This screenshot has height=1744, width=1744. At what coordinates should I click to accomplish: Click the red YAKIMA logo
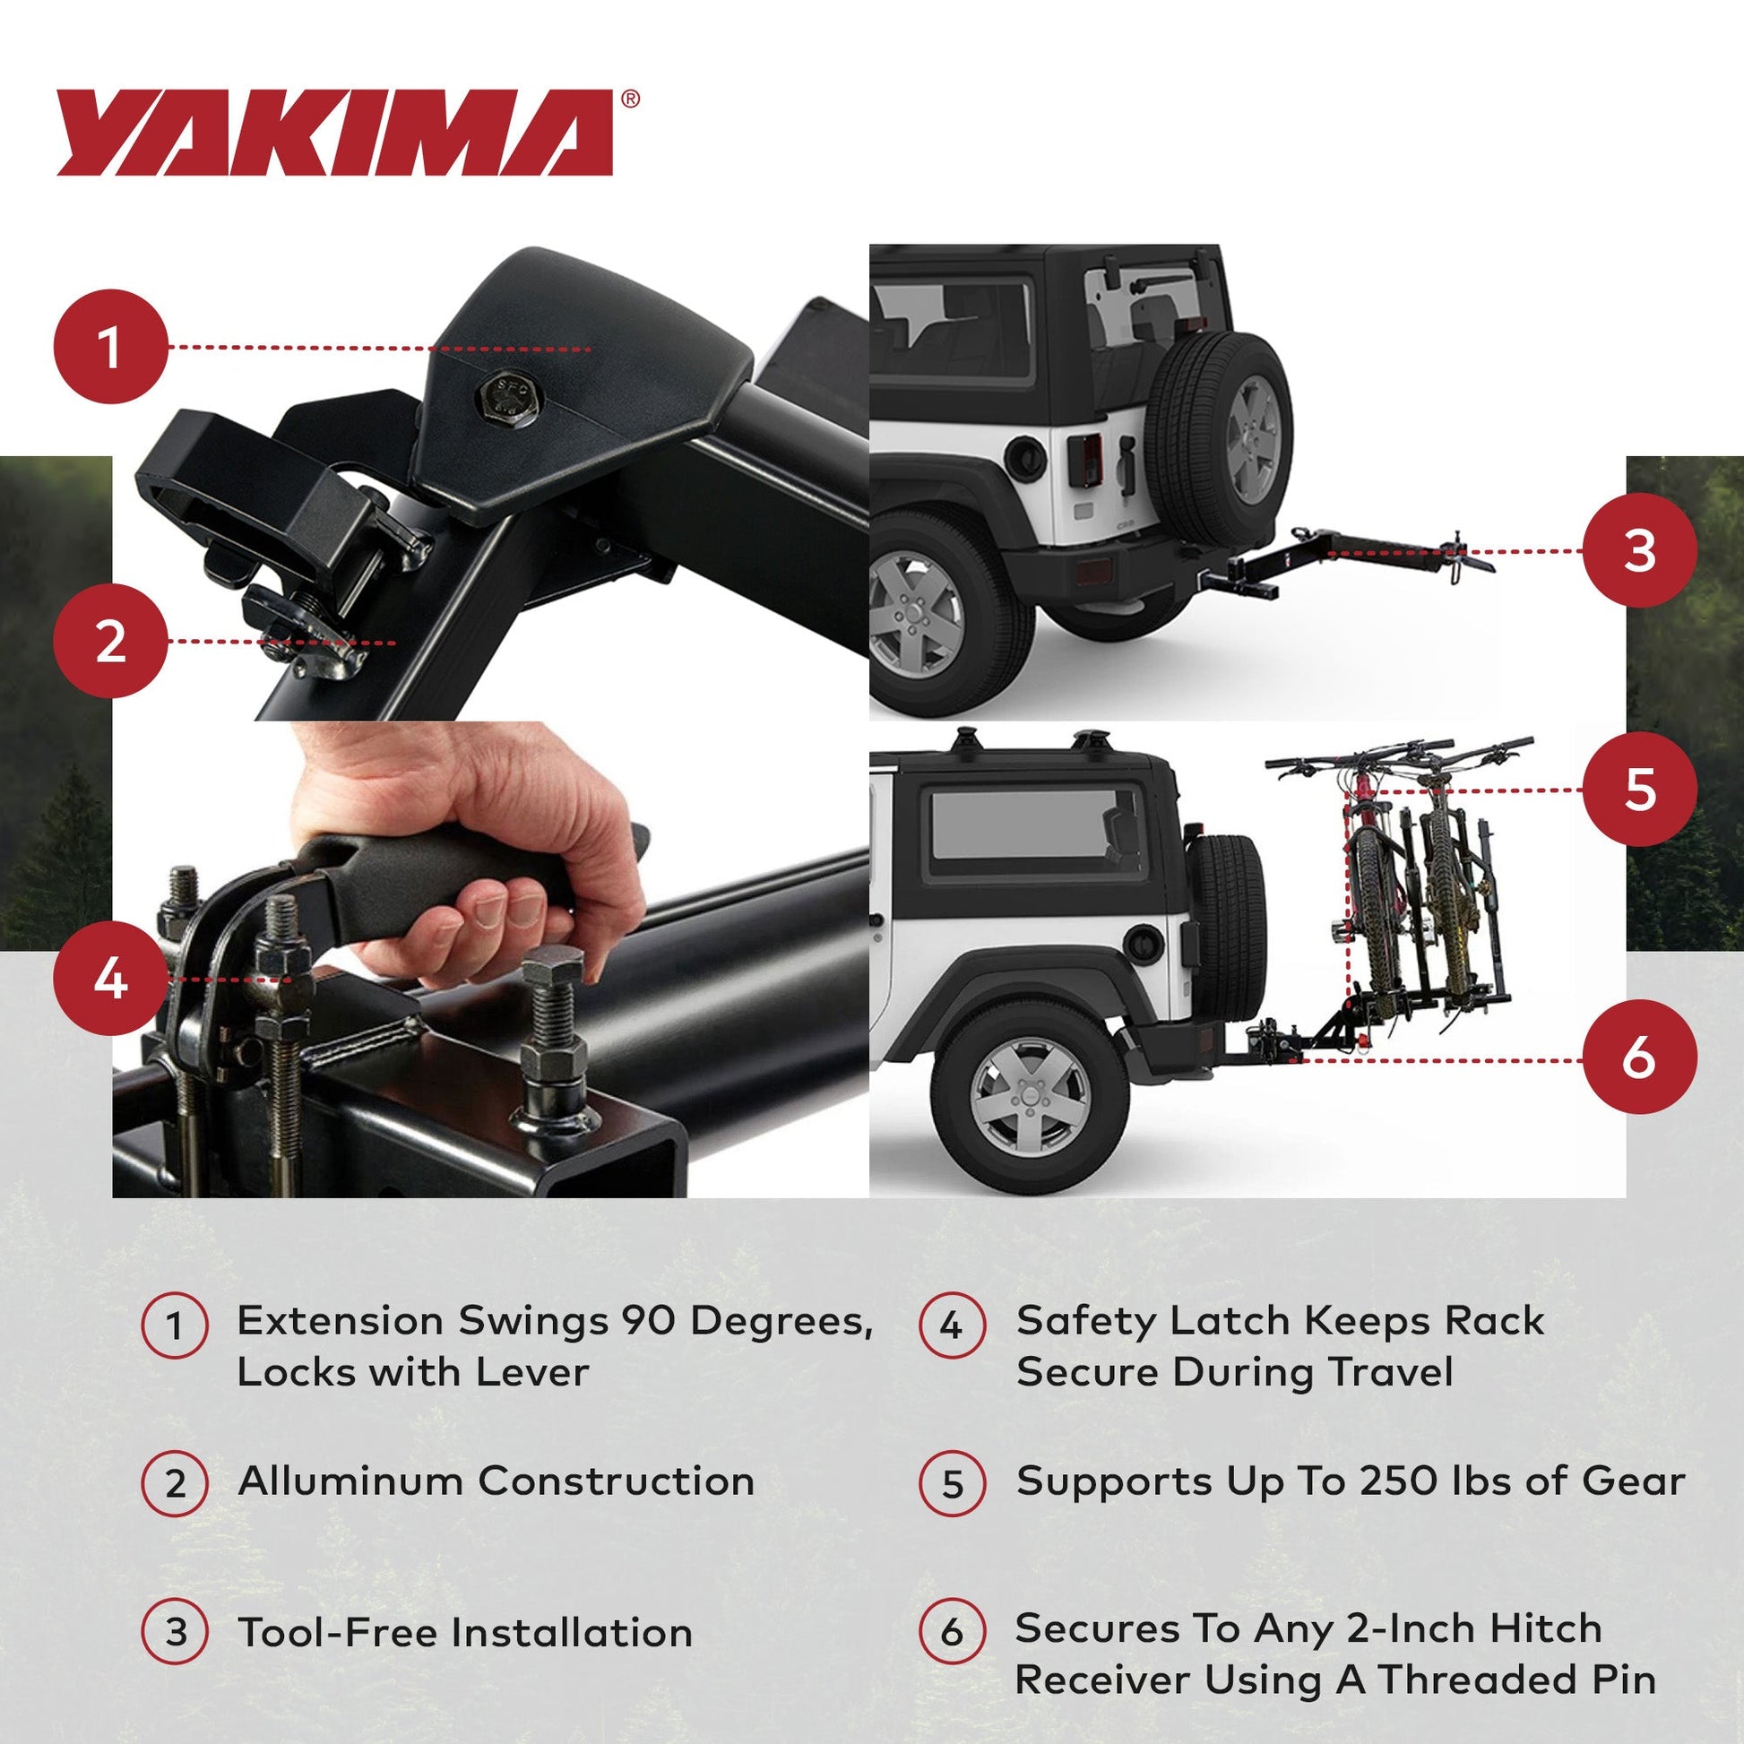334,133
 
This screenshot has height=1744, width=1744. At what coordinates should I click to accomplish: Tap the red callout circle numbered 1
110,347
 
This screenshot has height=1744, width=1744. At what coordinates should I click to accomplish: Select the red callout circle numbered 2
110,642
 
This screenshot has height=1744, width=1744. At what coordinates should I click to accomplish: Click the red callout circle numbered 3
1638,550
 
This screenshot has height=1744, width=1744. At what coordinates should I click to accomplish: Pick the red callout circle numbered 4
110,979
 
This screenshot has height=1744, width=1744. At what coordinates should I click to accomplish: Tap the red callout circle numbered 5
1638,789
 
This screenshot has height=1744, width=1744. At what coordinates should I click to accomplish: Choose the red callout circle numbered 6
1638,1057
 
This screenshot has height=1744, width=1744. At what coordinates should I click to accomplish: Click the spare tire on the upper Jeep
1219,424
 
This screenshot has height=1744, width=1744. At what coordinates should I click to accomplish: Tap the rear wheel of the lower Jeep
1029,1098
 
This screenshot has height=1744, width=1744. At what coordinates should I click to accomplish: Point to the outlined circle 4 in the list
952,1326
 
